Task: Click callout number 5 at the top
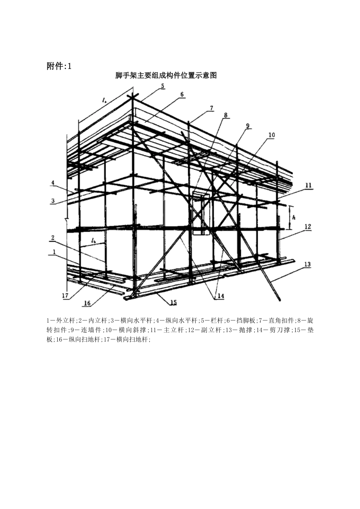[163, 86]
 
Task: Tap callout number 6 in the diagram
[182, 94]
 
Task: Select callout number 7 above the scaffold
[211, 108]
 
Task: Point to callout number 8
[225, 115]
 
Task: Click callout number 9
[248, 126]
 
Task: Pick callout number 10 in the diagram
[272, 135]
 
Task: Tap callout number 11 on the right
[308, 186]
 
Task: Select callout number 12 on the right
[308, 227]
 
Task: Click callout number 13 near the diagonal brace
[307, 264]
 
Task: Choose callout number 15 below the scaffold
[174, 303]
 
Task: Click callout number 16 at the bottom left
[87, 303]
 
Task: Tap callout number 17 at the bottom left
[65, 296]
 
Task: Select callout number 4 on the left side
[53, 183]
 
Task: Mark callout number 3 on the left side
[53, 201]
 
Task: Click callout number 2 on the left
[53, 238]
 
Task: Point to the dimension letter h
[294, 217]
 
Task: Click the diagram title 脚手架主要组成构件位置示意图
[166, 75]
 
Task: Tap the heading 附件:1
[59, 66]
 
